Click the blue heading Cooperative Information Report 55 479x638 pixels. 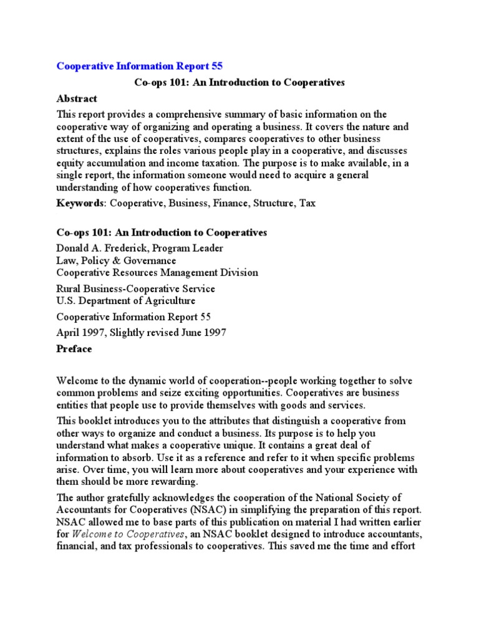(139, 65)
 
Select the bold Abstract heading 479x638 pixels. (77, 98)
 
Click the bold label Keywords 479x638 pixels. (79, 204)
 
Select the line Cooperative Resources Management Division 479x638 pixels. (157, 272)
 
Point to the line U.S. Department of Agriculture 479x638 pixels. (125, 301)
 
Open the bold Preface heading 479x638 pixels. (74, 349)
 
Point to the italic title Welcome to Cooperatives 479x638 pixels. (128, 534)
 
